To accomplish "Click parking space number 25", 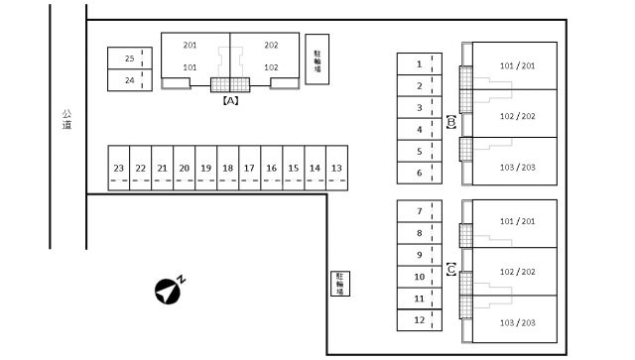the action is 130,59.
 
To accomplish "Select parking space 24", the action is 130,80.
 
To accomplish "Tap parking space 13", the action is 337,168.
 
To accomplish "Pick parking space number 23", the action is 119,168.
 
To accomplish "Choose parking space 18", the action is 228,168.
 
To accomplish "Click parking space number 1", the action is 420,64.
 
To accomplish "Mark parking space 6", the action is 420,173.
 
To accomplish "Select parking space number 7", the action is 420,211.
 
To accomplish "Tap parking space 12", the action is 420,320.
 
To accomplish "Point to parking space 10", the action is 420,277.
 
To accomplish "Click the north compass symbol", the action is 170,290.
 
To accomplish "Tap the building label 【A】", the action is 230,100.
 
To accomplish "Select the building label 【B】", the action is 451,122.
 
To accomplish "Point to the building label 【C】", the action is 451,270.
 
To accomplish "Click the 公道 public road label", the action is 66,119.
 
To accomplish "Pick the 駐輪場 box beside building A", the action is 317,60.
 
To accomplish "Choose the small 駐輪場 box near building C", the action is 340,284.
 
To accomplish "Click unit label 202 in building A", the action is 271,45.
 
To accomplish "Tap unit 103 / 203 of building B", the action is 518,168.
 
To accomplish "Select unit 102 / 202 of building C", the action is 518,272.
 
